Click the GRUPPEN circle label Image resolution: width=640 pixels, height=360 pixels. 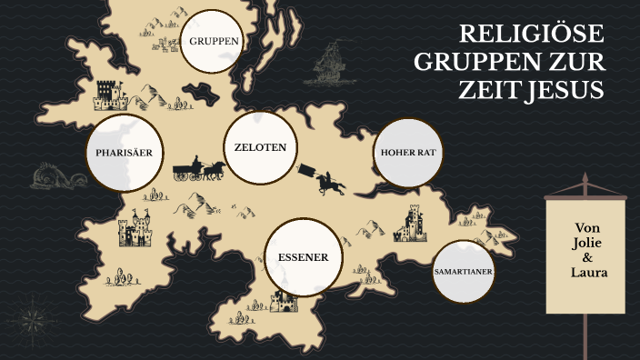pos(215,41)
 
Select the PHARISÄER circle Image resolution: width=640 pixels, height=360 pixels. pos(129,153)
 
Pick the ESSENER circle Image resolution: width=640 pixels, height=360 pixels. pos(304,256)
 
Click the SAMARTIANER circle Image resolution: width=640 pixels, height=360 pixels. pos(464,273)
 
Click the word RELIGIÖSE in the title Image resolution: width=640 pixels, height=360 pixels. pos(532,35)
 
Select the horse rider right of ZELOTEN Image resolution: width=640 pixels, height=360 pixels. pos(328,181)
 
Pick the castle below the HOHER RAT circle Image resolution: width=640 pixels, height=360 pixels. pos(414,222)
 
